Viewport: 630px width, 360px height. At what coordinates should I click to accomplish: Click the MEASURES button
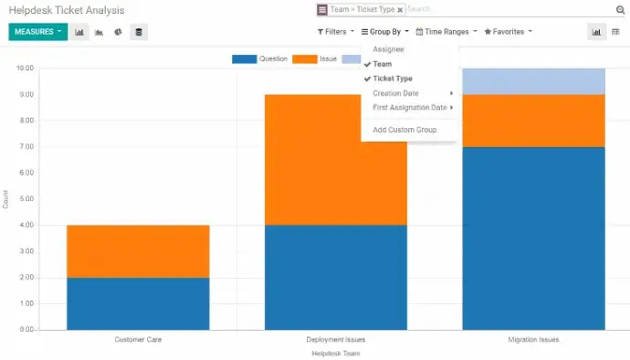coord(37,32)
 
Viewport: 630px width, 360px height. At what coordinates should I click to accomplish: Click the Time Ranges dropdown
coord(446,32)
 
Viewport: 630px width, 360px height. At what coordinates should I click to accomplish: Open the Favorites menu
coord(508,32)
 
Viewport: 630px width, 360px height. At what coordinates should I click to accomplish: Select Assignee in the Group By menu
coord(388,49)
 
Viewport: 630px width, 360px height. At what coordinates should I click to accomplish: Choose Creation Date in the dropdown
coord(396,93)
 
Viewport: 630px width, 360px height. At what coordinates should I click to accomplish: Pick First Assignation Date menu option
coord(410,108)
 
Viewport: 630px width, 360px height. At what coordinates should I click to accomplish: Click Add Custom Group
coord(404,130)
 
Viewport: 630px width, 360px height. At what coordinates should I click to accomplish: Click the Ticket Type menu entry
coord(393,79)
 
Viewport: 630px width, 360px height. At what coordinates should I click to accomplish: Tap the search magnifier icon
coord(621,10)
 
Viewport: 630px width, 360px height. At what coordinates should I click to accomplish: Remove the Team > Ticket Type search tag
coord(400,10)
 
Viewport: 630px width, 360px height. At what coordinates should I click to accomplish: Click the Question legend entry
coord(260,58)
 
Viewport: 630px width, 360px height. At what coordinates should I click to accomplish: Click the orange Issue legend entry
coord(319,58)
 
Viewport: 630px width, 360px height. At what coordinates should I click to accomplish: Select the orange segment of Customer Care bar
coord(138,250)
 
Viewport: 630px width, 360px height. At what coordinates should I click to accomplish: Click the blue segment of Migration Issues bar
coord(533,238)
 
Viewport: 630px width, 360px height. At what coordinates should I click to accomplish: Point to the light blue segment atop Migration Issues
coord(533,81)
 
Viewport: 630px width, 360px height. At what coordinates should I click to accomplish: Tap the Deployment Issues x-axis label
coord(336,340)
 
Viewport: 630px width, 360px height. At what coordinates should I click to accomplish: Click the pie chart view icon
coord(118,32)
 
